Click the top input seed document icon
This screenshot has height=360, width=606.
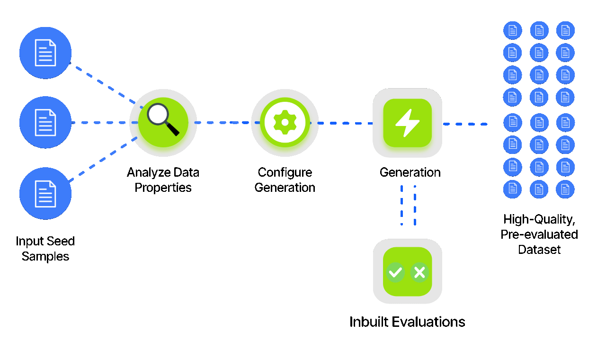pos(45,53)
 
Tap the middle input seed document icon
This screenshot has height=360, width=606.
pos(45,122)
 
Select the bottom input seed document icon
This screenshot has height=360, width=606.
pos(45,193)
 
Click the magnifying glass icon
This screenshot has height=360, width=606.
pos(162,119)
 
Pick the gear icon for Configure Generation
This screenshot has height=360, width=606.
pos(285,122)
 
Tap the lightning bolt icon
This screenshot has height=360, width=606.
pos(407,123)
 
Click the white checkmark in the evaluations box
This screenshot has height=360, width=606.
pos(395,272)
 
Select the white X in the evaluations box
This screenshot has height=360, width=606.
pos(419,272)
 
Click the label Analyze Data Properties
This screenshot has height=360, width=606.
pos(163,180)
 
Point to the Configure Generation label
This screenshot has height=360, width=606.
pos(285,180)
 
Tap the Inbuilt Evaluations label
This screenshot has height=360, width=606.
pos(407,322)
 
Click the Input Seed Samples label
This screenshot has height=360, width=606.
pos(45,249)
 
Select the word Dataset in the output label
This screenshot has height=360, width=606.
pos(539,250)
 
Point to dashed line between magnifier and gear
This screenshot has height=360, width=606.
pos(223,122)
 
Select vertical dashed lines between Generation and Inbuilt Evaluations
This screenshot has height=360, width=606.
pos(408,205)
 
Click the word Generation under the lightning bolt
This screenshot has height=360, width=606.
pos(410,172)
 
